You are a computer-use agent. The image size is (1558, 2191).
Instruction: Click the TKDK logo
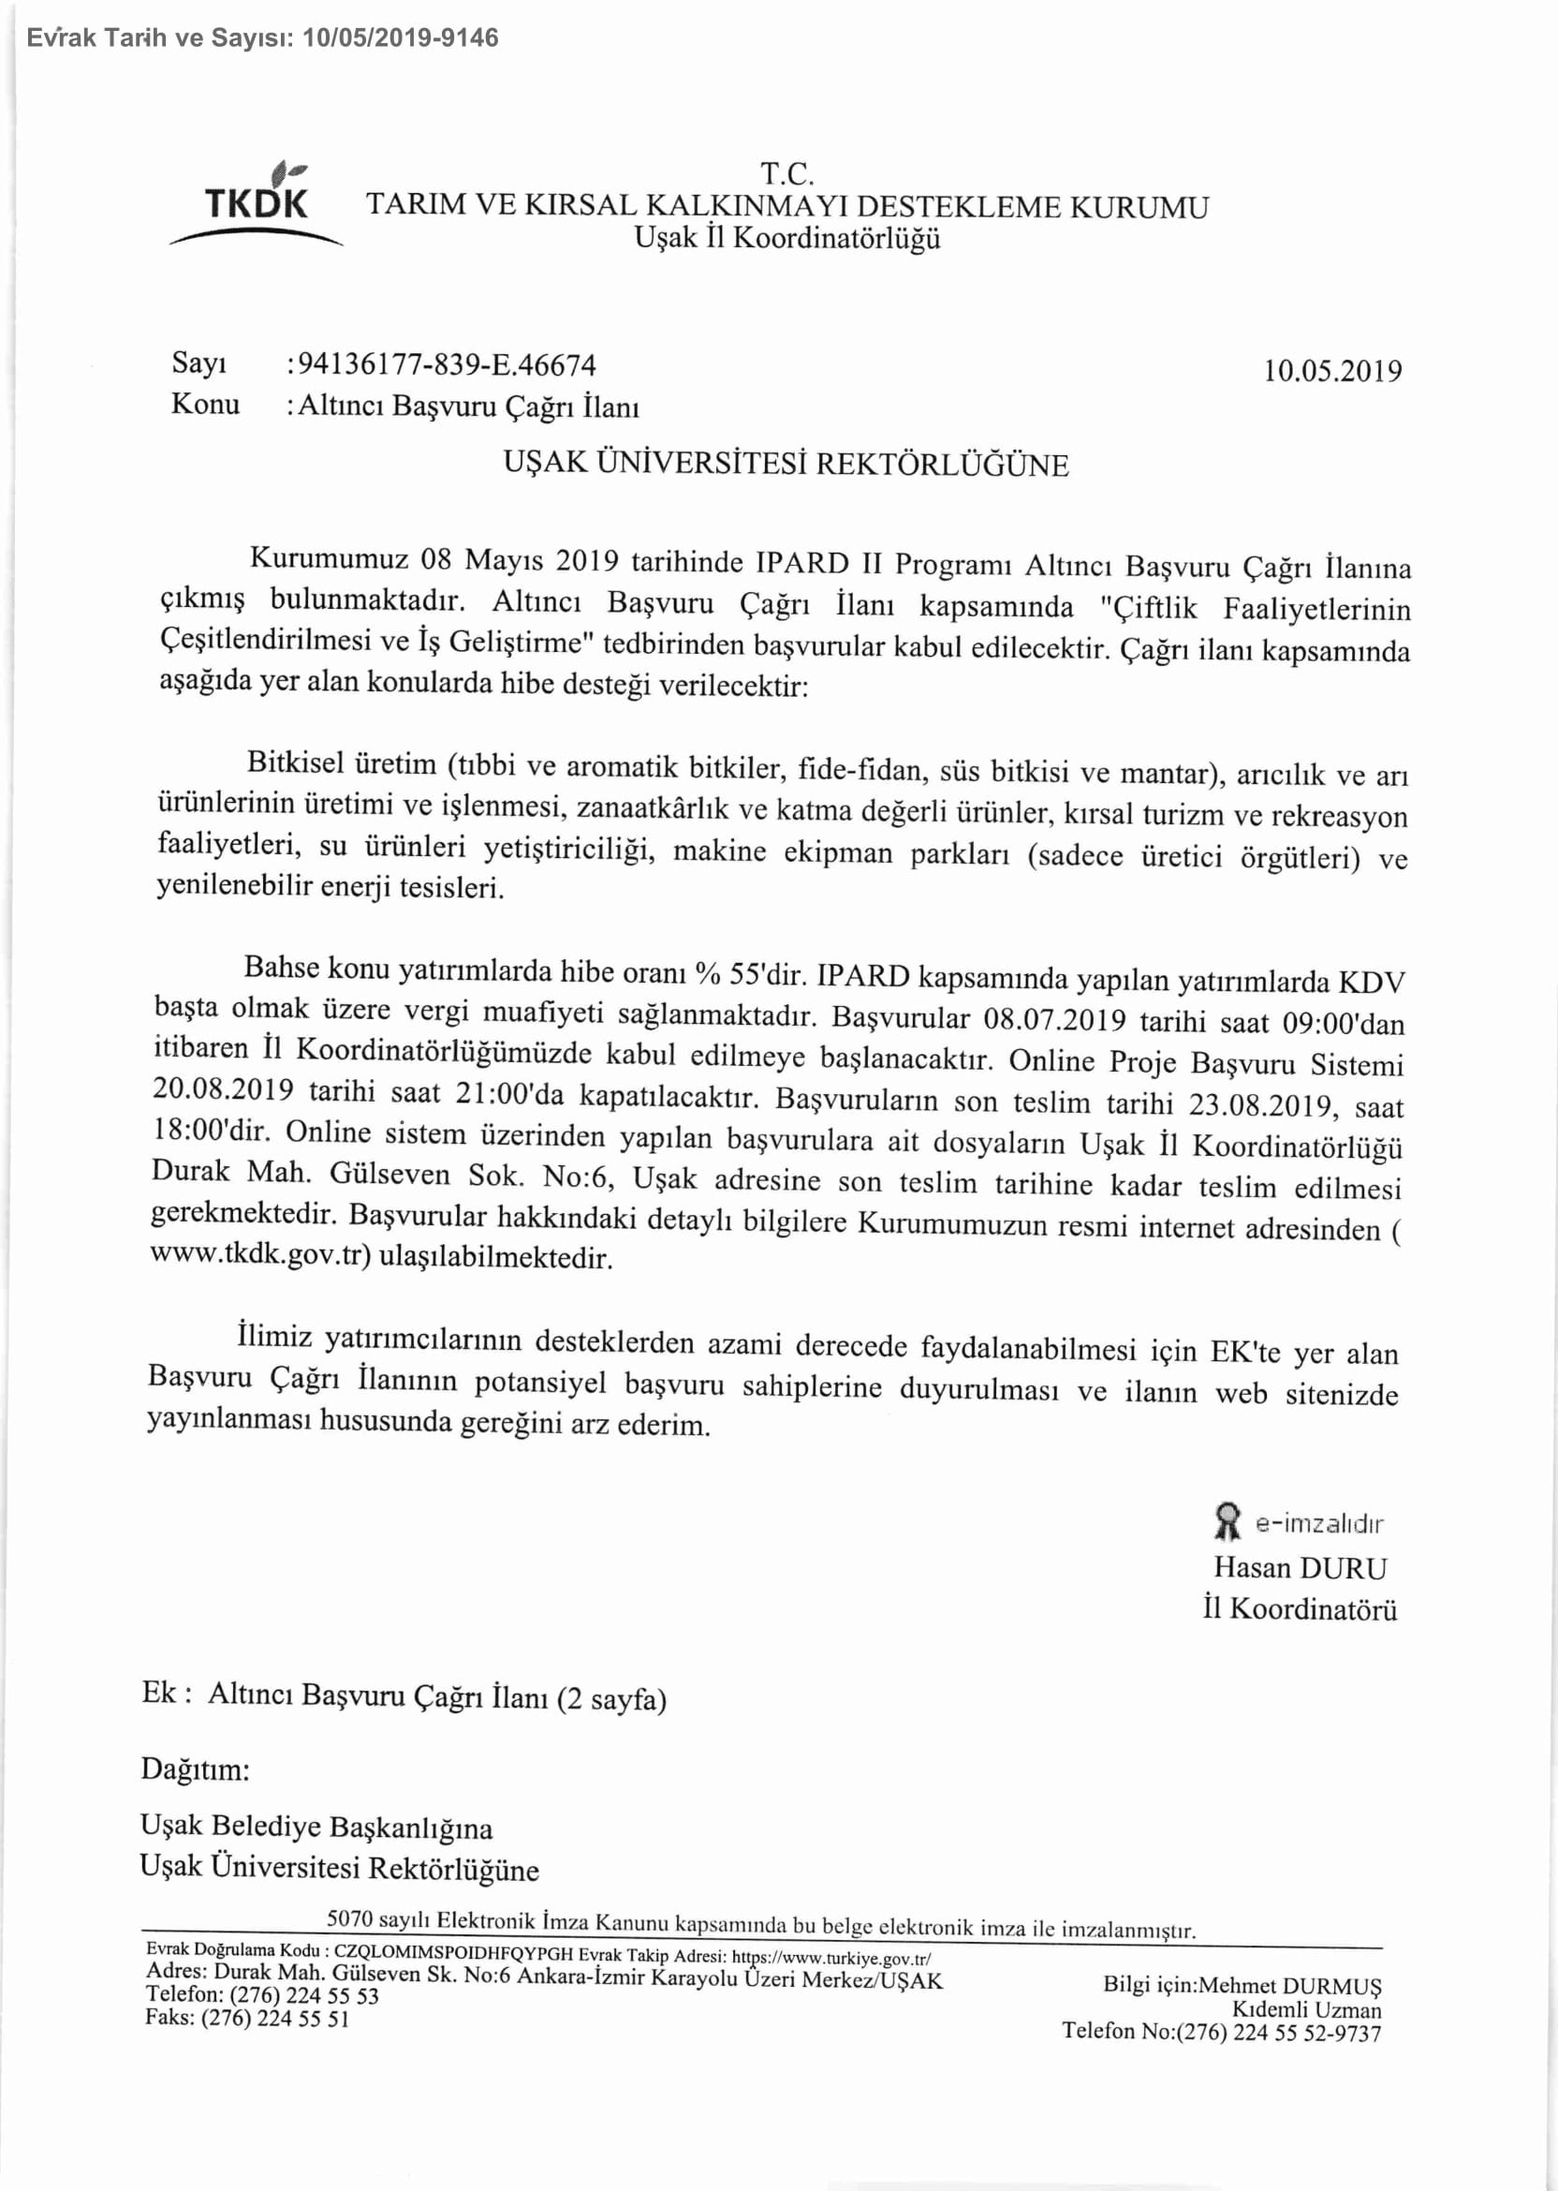pos(257,204)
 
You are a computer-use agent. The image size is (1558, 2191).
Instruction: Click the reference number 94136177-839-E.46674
pos(446,365)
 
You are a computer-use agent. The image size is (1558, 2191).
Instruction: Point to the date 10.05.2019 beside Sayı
pos(1331,371)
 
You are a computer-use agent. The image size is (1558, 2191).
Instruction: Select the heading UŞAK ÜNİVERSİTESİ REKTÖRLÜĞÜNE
pos(786,465)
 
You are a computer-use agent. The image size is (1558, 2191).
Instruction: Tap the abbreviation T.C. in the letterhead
pos(786,174)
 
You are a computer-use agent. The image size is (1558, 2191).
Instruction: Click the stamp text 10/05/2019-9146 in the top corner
pos(400,38)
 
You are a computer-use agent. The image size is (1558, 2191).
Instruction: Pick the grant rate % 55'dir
pos(753,974)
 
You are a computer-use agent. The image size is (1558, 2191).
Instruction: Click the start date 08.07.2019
pos(1054,1018)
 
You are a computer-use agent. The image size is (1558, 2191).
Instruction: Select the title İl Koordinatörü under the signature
pos(1300,1608)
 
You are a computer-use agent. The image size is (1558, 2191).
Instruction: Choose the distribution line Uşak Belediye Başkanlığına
pos(316,1826)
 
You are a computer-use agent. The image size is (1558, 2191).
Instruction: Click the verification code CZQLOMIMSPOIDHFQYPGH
pos(453,1954)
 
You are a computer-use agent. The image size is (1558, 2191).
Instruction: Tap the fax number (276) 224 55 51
pos(274,2019)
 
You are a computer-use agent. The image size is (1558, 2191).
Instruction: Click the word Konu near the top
pos(205,404)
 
